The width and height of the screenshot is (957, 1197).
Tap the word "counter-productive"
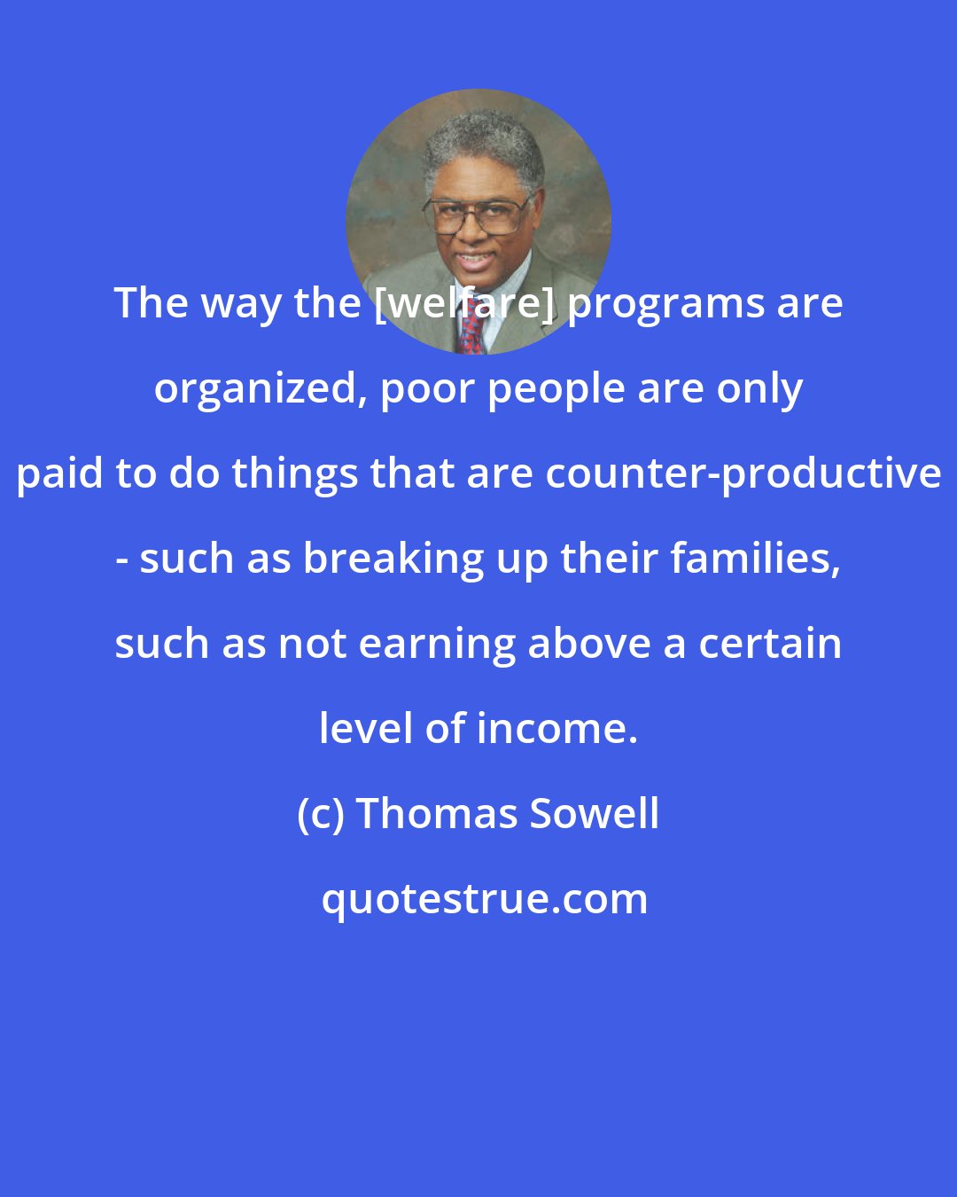click(x=743, y=473)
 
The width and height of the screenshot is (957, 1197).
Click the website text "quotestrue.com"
click(x=484, y=899)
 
